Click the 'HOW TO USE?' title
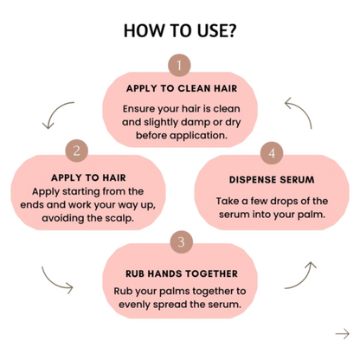click(179, 31)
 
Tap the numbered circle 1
click(179, 65)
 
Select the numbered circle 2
click(76, 151)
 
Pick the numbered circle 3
click(181, 241)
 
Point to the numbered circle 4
click(272, 153)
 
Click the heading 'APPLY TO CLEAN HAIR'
click(182, 88)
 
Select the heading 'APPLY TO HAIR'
click(88, 177)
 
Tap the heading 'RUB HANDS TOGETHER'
click(182, 273)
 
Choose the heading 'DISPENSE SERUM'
click(272, 180)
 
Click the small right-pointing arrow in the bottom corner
click(343, 334)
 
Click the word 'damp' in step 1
click(195, 122)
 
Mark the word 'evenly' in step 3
click(134, 305)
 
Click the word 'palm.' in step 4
click(312, 215)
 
